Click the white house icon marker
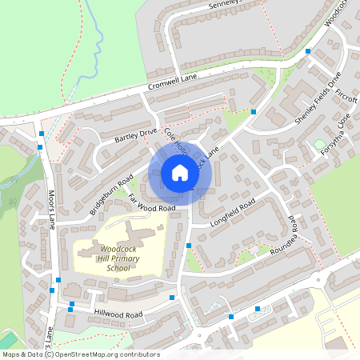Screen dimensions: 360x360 179,173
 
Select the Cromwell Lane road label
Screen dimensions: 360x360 172,83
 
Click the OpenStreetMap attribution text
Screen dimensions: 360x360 80,354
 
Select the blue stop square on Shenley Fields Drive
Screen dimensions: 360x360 308,52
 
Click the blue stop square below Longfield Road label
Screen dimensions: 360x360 189,246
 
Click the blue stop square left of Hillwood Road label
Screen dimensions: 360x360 71,305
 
